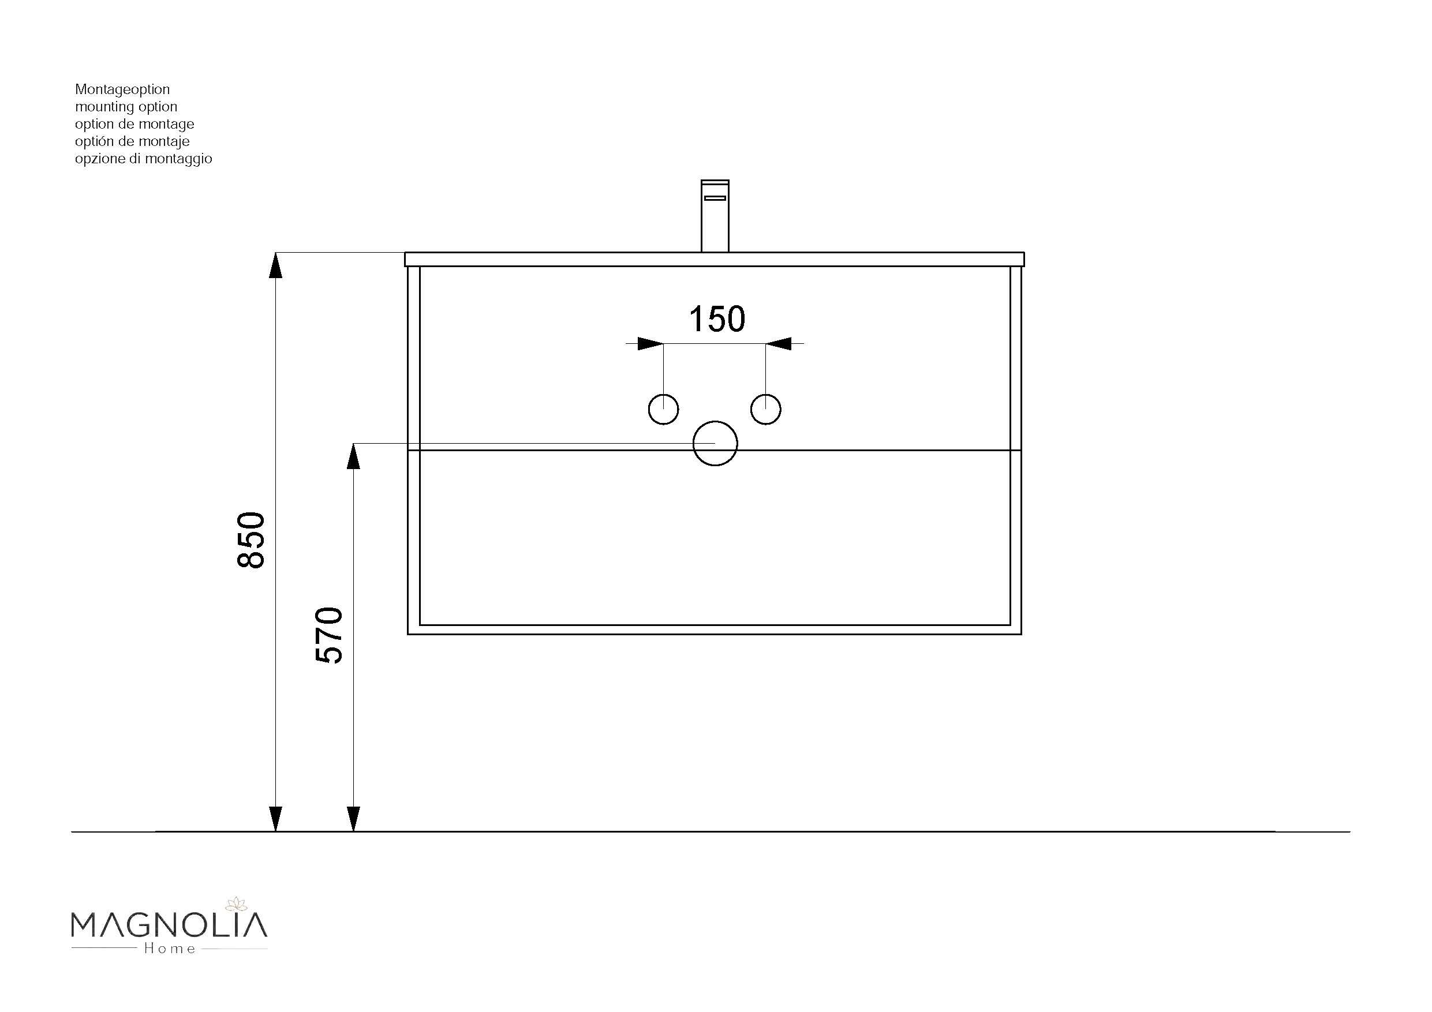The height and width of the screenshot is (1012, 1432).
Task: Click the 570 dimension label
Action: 330,635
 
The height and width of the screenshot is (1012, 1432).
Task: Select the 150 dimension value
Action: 717,319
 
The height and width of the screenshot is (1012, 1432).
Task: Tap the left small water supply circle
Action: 663,409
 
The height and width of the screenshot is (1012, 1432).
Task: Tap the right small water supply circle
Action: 765,409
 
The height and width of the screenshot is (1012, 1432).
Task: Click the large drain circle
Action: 715,443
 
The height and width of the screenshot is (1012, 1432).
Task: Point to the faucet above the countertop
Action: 715,216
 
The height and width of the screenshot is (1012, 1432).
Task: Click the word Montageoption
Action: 122,89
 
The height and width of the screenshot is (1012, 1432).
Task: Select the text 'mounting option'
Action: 126,107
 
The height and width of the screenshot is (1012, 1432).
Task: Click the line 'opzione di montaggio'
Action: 144,159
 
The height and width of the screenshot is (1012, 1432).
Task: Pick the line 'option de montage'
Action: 134,124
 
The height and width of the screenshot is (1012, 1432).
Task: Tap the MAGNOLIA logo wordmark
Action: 169,925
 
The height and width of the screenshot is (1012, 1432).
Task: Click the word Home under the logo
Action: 170,949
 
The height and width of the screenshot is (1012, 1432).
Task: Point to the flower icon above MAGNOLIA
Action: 235,904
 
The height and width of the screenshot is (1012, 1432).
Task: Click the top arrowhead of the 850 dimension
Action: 276,264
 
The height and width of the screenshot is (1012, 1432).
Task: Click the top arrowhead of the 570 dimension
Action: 354,456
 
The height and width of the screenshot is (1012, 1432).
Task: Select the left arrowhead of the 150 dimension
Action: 650,343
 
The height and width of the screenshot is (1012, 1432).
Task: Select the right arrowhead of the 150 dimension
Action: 779,343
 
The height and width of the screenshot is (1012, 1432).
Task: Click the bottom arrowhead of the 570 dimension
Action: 354,819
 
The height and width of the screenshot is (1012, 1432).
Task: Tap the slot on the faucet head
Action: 715,198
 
